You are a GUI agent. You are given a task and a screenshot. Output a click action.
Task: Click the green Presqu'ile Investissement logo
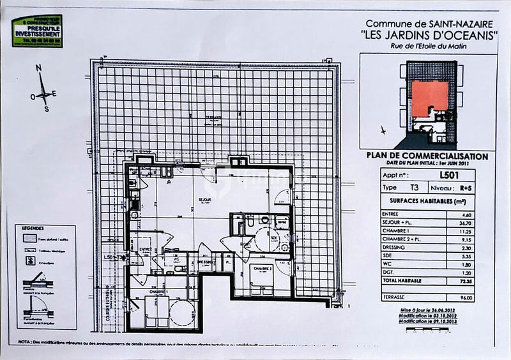(38, 30)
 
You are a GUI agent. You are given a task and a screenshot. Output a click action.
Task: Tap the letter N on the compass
(39, 68)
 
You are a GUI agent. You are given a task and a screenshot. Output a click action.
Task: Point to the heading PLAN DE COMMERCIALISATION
(427, 156)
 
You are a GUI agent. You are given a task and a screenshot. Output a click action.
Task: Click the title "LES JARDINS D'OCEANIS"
(429, 36)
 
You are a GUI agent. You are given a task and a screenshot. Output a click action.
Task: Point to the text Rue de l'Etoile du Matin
(429, 46)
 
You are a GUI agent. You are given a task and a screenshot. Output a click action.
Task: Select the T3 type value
(407, 188)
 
